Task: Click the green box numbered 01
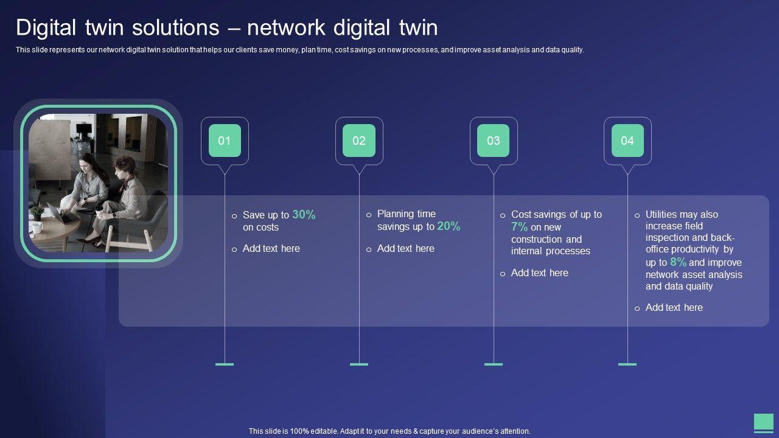(225, 141)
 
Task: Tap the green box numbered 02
(359, 141)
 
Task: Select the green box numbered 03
(494, 141)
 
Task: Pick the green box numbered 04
(627, 141)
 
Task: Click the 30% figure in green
(304, 214)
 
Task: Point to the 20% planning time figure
(449, 226)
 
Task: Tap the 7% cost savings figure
(519, 227)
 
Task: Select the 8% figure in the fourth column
(678, 262)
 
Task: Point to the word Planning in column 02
(396, 214)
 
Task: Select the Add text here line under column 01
(271, 248)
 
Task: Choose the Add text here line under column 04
(674, 307)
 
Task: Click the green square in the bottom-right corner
(763, 422)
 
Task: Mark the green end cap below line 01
(225, 364)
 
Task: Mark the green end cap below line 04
(627, 364)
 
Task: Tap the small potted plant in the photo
(36, 212)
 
